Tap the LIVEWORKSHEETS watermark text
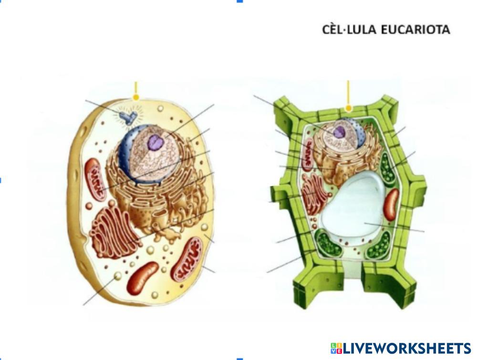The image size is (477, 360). (407, 348)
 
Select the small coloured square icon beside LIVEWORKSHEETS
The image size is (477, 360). (336, 348)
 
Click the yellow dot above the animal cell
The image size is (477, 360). (136, 97)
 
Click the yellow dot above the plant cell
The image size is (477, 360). (349, 108)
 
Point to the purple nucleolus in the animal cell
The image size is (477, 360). (155, 141)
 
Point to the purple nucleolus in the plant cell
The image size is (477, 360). (339, 132)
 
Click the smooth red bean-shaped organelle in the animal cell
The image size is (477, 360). (142, 278)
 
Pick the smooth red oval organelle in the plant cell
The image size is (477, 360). (391, 204)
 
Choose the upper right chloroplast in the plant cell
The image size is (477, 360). (387, 169)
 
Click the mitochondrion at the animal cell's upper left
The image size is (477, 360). (94, 178)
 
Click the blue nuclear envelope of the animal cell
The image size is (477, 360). (125, 153)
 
